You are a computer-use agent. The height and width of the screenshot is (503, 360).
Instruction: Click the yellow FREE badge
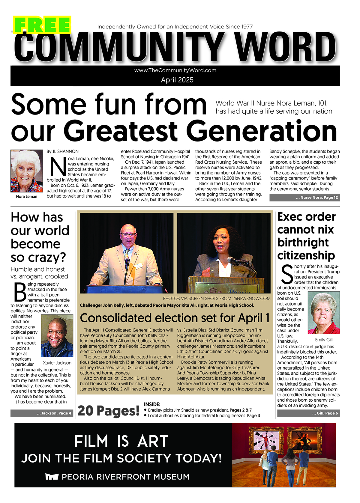42,25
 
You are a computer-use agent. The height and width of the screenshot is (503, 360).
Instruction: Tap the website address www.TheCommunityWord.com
175,70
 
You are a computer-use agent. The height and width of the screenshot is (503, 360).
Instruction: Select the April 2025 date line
177,80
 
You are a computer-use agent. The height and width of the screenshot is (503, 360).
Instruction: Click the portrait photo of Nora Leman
26,171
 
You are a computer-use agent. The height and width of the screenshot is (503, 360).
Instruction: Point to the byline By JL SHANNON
62,152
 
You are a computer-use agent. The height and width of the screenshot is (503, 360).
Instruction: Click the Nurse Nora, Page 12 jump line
304,198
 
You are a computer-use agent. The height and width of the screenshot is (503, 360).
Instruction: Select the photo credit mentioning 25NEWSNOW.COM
217,299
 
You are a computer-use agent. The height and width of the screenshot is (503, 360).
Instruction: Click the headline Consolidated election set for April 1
175,318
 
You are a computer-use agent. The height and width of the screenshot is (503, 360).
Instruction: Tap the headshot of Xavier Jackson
57,336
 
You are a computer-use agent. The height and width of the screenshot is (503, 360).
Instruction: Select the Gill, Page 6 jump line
308,413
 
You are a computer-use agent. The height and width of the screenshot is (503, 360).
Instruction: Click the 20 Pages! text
108,411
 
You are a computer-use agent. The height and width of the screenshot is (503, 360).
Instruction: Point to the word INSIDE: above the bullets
152,404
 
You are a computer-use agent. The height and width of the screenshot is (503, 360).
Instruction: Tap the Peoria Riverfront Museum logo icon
52,477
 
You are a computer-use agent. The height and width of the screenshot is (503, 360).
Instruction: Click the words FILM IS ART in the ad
121,441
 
